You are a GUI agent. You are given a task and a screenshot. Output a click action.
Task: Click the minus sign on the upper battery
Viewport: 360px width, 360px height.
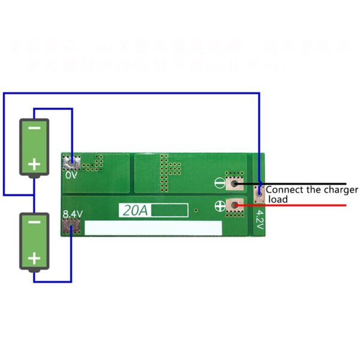click(35, 127)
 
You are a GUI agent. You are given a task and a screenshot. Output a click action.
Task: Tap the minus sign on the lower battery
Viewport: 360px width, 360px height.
click(35, 222)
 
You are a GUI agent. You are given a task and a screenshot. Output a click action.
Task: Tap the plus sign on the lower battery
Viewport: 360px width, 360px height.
click(35, 259)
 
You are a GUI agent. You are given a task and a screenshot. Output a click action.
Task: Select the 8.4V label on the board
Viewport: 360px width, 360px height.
click(73, 214)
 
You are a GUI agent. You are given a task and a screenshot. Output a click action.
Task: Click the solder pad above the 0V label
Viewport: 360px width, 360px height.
click(73, 162)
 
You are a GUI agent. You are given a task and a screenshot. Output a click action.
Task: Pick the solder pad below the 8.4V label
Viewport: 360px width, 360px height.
click(71, 227)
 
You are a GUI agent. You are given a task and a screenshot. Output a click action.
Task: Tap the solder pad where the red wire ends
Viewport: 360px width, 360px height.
click(236, 206)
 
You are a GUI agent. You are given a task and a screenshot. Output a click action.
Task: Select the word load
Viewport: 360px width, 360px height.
click(278, 199)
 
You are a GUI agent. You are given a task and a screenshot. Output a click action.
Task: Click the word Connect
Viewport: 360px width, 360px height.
click(286, 190)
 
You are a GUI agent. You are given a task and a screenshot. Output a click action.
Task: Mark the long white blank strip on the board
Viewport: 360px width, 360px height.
click(153, 228)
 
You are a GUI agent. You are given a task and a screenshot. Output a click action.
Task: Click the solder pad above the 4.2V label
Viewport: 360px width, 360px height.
click(259, 193)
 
